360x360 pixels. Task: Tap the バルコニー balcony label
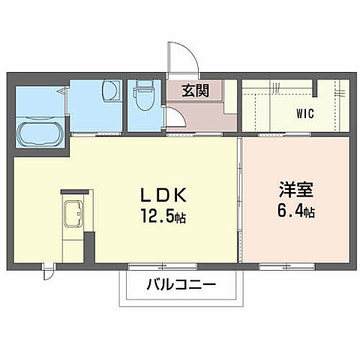tap(181, 285)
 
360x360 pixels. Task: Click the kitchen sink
tap(73, 215)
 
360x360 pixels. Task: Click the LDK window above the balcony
tap(162, 266)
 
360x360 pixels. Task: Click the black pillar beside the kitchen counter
tap(90, 247)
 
